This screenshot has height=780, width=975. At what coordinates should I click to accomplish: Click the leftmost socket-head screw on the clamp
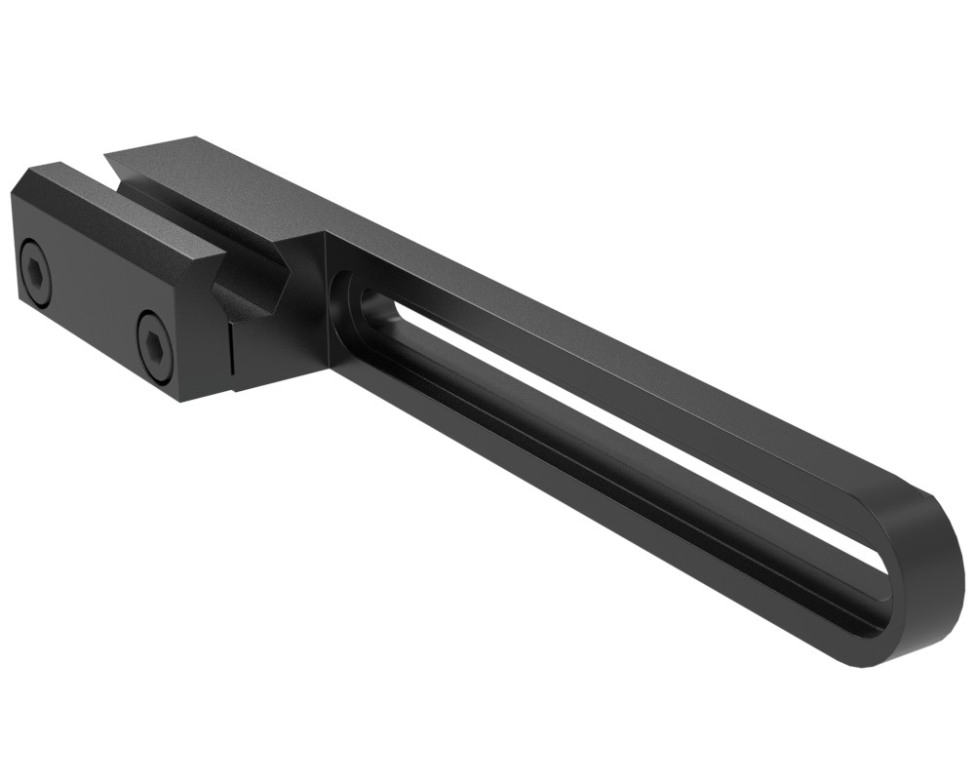pyautogui.click(x=35, y=274)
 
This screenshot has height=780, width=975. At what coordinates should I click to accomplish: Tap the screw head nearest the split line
pyautogui.click(x=155, y=342)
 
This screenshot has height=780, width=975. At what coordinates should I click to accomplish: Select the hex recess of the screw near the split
pyautogui.click(x=156, y=342)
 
